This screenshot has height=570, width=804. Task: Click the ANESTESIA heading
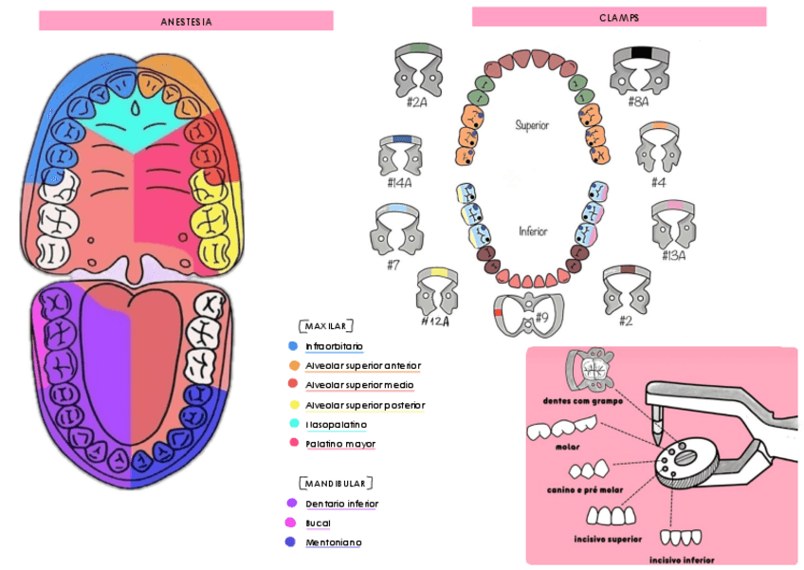tap(186, 21)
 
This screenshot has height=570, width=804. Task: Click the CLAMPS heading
tap(618, 17)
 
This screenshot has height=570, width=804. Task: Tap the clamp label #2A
tap(417, 101)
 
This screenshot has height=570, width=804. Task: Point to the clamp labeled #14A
tap(400, 156)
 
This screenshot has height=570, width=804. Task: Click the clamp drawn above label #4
tap(658, 147)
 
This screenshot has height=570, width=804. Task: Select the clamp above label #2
tap(626, 288)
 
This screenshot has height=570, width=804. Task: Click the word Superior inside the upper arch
tap(532, 124)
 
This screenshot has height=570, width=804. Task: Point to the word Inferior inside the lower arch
tap(532, 231)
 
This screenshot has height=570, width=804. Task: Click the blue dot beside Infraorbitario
tap(293, 346)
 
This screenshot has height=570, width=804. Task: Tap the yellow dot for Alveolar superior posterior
tap(293, 405)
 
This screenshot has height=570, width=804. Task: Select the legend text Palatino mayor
tap(340, 444)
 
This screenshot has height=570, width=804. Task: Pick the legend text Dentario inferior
tap(342, 504)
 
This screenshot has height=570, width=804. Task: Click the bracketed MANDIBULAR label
tap(336, 483)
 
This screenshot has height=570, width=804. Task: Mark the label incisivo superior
tap(608, 539)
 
